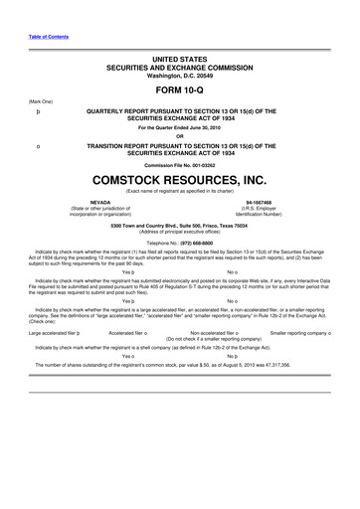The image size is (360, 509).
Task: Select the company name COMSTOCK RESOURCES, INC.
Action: point(180,181)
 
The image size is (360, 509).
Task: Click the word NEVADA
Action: point(100,199)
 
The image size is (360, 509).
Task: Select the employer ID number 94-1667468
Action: point(262,199)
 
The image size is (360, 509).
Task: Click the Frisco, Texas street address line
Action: point(180,225)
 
